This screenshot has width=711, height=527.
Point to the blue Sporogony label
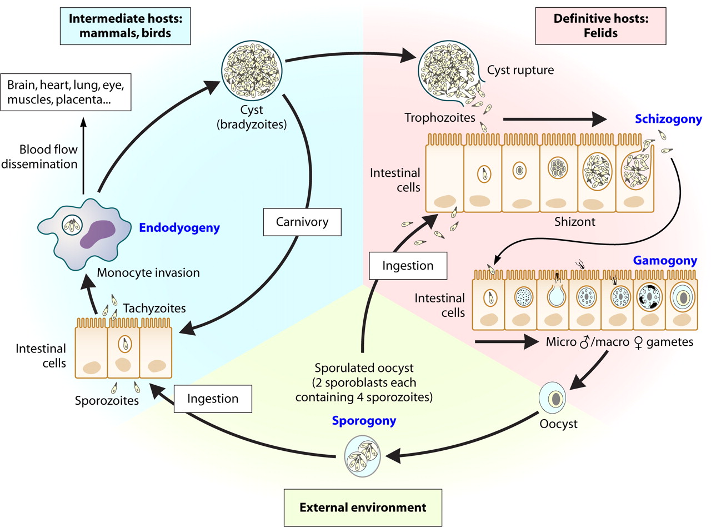[x=364, y=420]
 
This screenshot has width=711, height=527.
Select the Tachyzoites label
[x=154, y=307]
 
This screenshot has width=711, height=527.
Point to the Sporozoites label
[x=107, y=400]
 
